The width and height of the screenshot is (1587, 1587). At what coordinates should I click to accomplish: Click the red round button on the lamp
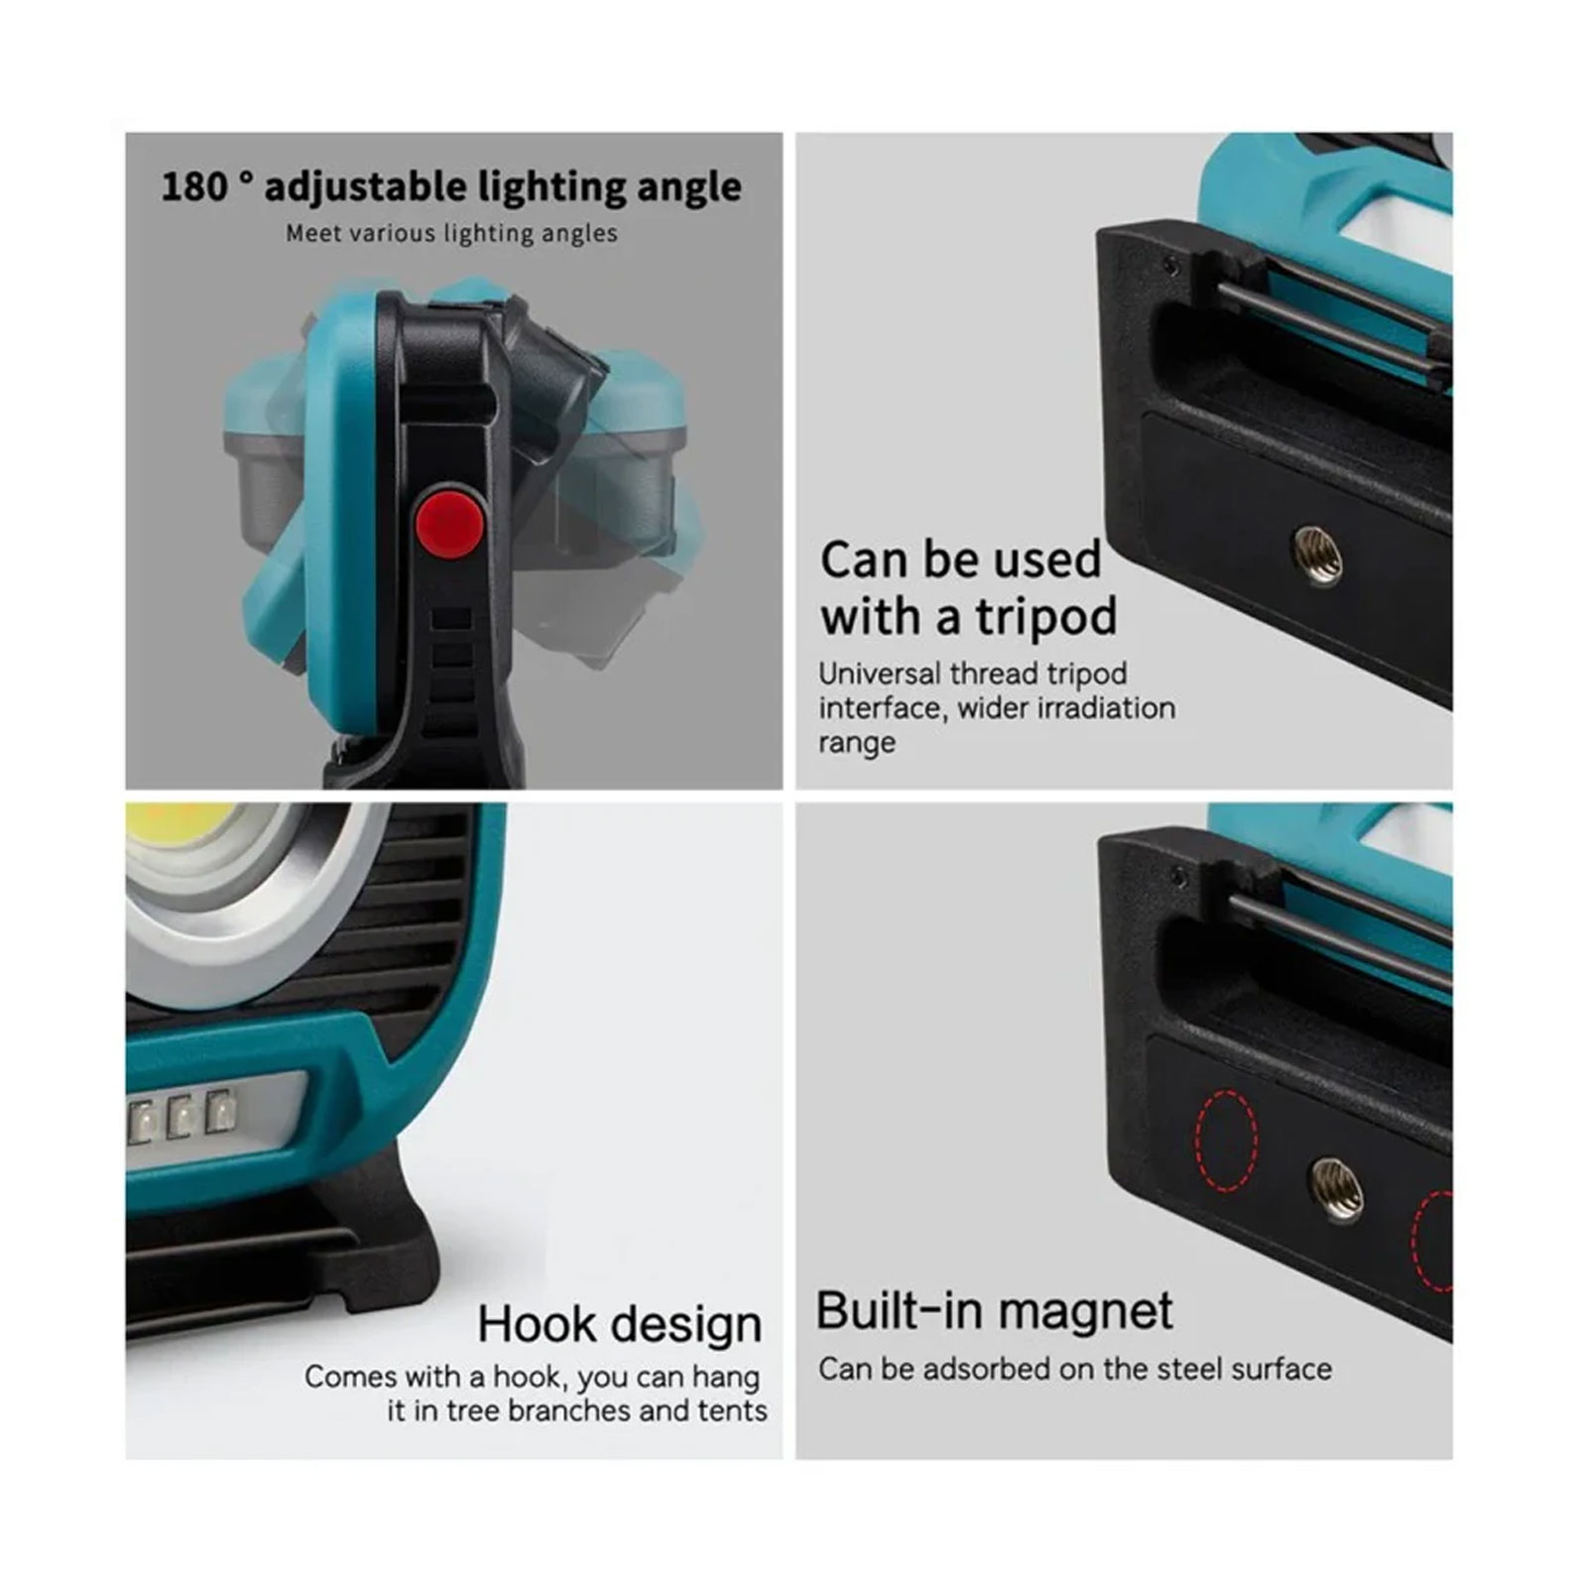(x=449, y=521)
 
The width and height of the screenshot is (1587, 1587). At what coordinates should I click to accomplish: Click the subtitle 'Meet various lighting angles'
(x=451, y=234)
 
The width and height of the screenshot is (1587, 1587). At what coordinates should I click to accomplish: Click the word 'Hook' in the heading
(x=537, y=1325)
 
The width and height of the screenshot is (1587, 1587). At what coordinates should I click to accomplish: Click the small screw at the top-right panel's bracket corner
(x=1172, y=265)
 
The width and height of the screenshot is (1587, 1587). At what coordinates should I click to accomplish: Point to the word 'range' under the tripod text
(x=857, y=744)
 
